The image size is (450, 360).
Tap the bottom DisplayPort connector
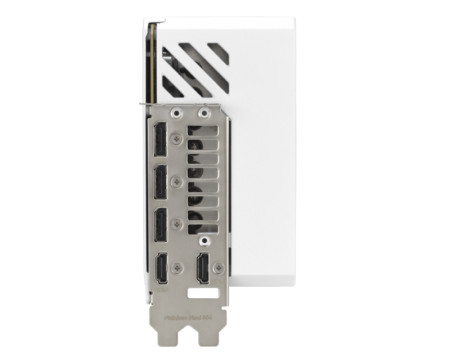pos(160,226)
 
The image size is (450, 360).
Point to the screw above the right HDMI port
pos(205,241)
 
